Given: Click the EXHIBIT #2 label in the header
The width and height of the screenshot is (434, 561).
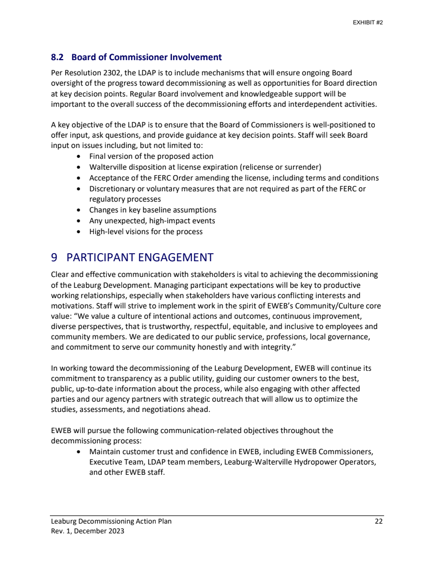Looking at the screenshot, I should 368,23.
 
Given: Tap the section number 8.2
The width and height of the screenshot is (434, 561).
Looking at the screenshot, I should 57,57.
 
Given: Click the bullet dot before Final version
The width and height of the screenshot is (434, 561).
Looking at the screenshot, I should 79,156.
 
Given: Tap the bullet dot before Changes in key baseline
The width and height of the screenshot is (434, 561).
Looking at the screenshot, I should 79,210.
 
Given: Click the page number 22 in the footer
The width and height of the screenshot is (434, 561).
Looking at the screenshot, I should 379,521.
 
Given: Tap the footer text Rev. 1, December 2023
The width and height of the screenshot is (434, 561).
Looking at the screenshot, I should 87,531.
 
